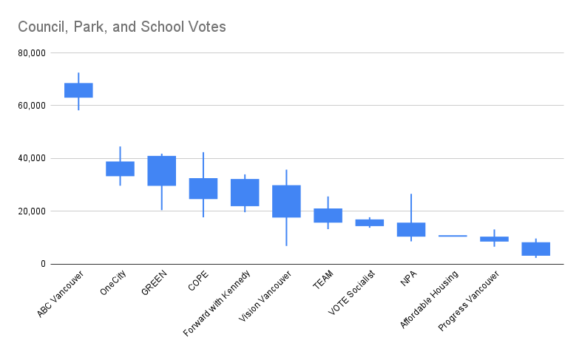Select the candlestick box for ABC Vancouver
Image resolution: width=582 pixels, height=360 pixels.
(78, 90)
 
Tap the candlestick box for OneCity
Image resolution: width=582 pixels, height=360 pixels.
(120, 169)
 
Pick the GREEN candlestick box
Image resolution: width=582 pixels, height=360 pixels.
(162, 171)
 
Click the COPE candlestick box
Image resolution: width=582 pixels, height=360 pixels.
(203, 189)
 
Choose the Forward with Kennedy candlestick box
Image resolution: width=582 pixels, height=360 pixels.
(245, 192)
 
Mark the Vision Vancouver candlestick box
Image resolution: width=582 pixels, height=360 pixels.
(286, 201)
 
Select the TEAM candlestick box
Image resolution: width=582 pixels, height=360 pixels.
(328, 215)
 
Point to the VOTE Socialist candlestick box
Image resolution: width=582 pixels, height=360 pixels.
(369, 223)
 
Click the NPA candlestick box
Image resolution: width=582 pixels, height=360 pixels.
(411, 229)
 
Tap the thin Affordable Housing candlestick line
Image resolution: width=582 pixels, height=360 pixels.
(453, 236)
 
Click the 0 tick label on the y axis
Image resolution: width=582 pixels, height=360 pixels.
(43, 264)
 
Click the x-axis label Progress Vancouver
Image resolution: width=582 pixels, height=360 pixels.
(469, 302)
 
